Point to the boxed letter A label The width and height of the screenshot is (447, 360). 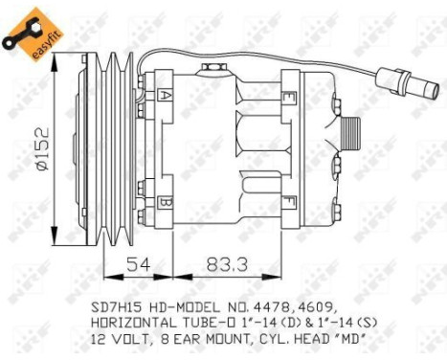[165, 97]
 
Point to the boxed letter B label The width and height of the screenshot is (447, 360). [165, 203]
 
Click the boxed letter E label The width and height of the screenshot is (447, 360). [289, 95]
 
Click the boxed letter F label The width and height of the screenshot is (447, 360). [289, 203]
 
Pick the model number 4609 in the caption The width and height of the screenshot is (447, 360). [310, 309]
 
